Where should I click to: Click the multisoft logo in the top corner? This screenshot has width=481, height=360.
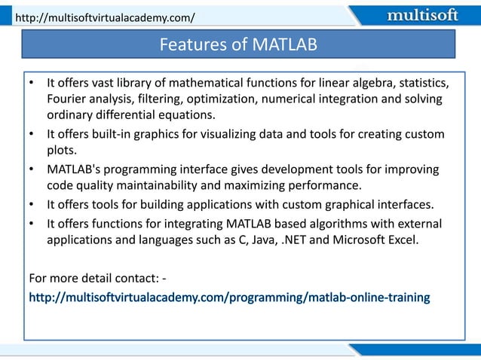[x=421, y=14]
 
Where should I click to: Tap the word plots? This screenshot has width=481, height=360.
[x=63, y=151]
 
